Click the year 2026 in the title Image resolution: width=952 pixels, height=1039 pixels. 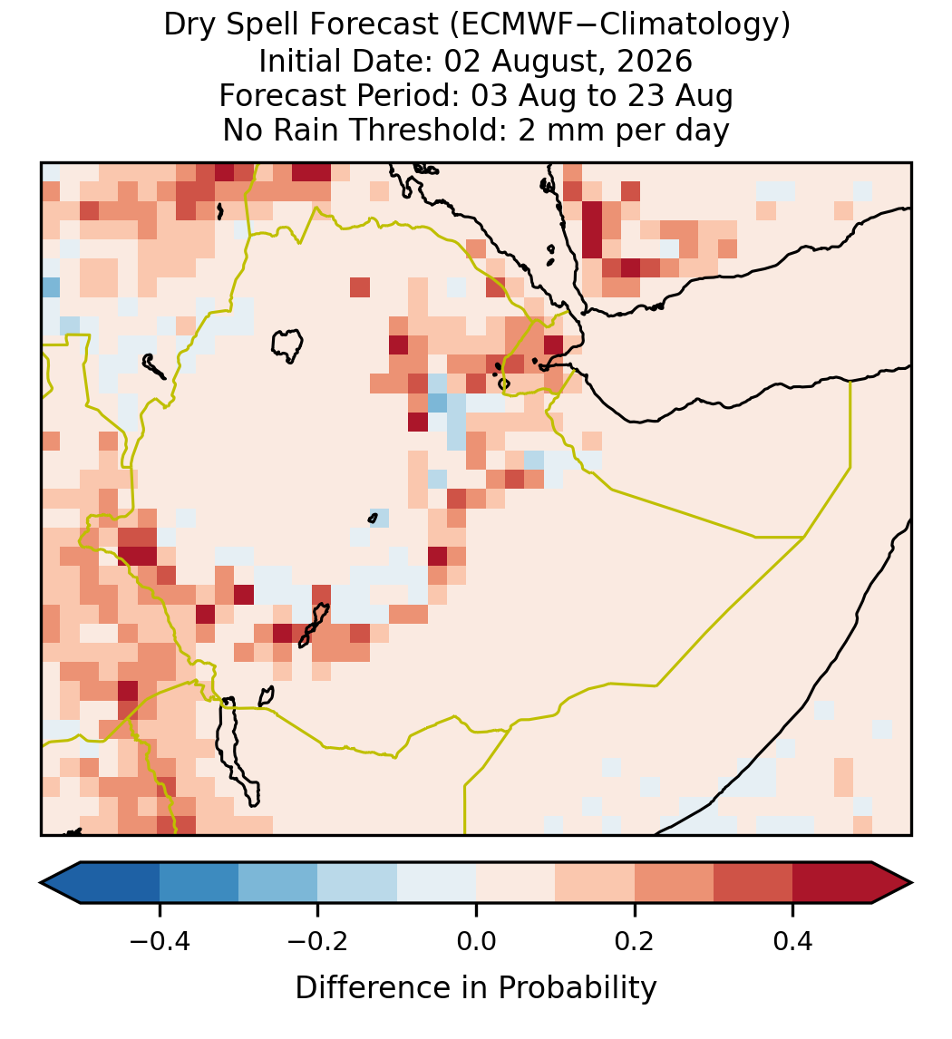(x=655, y=61)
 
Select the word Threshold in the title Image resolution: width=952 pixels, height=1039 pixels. (x=443, y=130)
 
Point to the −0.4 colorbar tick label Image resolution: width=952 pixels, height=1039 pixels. (x=159, y=941)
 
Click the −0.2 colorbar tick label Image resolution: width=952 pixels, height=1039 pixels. (x=317, y=941)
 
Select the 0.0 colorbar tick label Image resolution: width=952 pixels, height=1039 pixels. (x=476, y=941)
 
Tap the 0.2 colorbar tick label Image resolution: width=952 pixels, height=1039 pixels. (x=635, y=941)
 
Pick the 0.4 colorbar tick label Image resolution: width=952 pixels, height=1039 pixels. (x=793, y=941)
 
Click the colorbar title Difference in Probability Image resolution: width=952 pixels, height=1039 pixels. (x=476, y=988)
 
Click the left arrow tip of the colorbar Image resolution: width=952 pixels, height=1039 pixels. (x=41, y=883)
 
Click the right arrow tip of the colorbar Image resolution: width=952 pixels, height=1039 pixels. (x=912, y=883)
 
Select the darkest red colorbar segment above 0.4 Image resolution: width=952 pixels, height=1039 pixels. (x=832, y=883)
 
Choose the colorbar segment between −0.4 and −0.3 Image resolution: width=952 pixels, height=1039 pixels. (x=199, y=883)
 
